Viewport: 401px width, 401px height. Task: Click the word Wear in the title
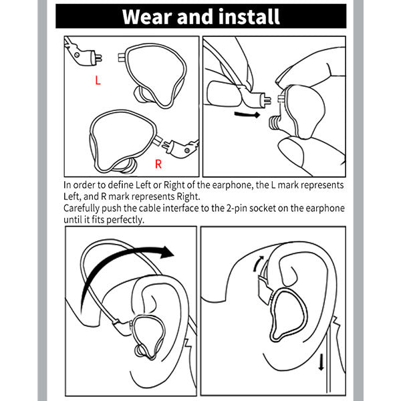pos(147,17)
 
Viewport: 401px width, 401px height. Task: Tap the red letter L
pos(98,80)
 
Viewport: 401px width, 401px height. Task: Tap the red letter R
pos(158,164)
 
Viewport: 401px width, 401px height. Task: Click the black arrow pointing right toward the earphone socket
pos(247,114)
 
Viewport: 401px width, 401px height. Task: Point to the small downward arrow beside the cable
pos(321,362)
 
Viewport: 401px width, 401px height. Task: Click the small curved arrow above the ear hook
pos(258,263)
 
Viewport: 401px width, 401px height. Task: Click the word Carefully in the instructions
pos(81,209)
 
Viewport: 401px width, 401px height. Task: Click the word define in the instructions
pos(120,185)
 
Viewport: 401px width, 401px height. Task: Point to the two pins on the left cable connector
pos(98,58)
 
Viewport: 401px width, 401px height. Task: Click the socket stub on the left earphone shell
pos(122,57)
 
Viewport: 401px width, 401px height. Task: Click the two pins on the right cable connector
pos(165,146)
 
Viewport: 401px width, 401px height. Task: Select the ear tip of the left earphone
pos(140,94)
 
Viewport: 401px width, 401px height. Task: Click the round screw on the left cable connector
pos(77,55)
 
